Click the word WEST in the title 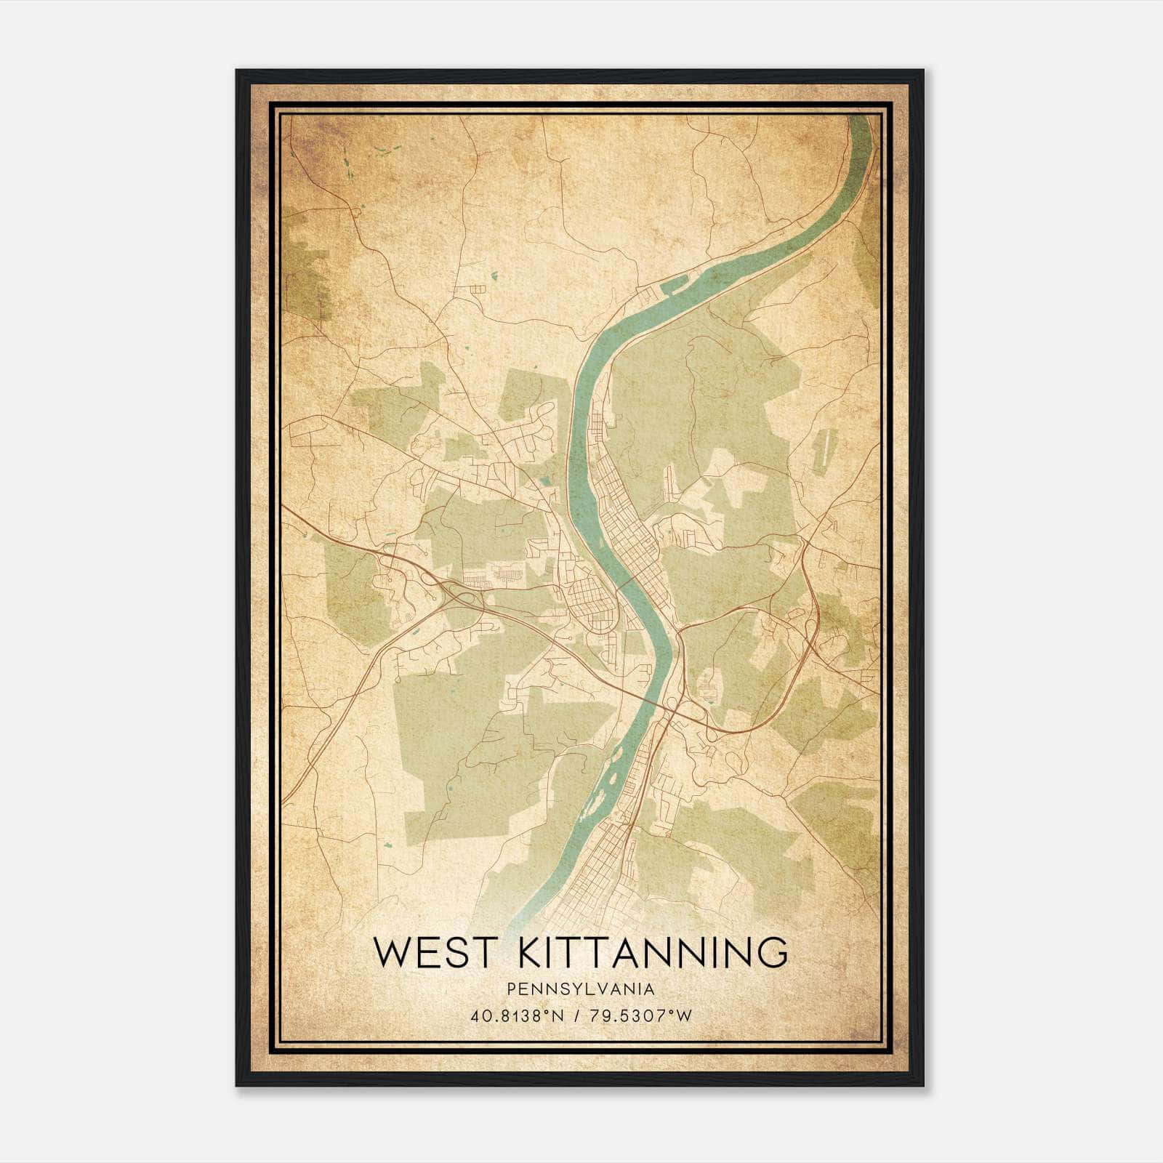tap(422, 953)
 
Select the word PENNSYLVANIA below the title tap(581, 989)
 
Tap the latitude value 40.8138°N tap(518, 1015)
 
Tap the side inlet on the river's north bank tap(672, 286)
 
